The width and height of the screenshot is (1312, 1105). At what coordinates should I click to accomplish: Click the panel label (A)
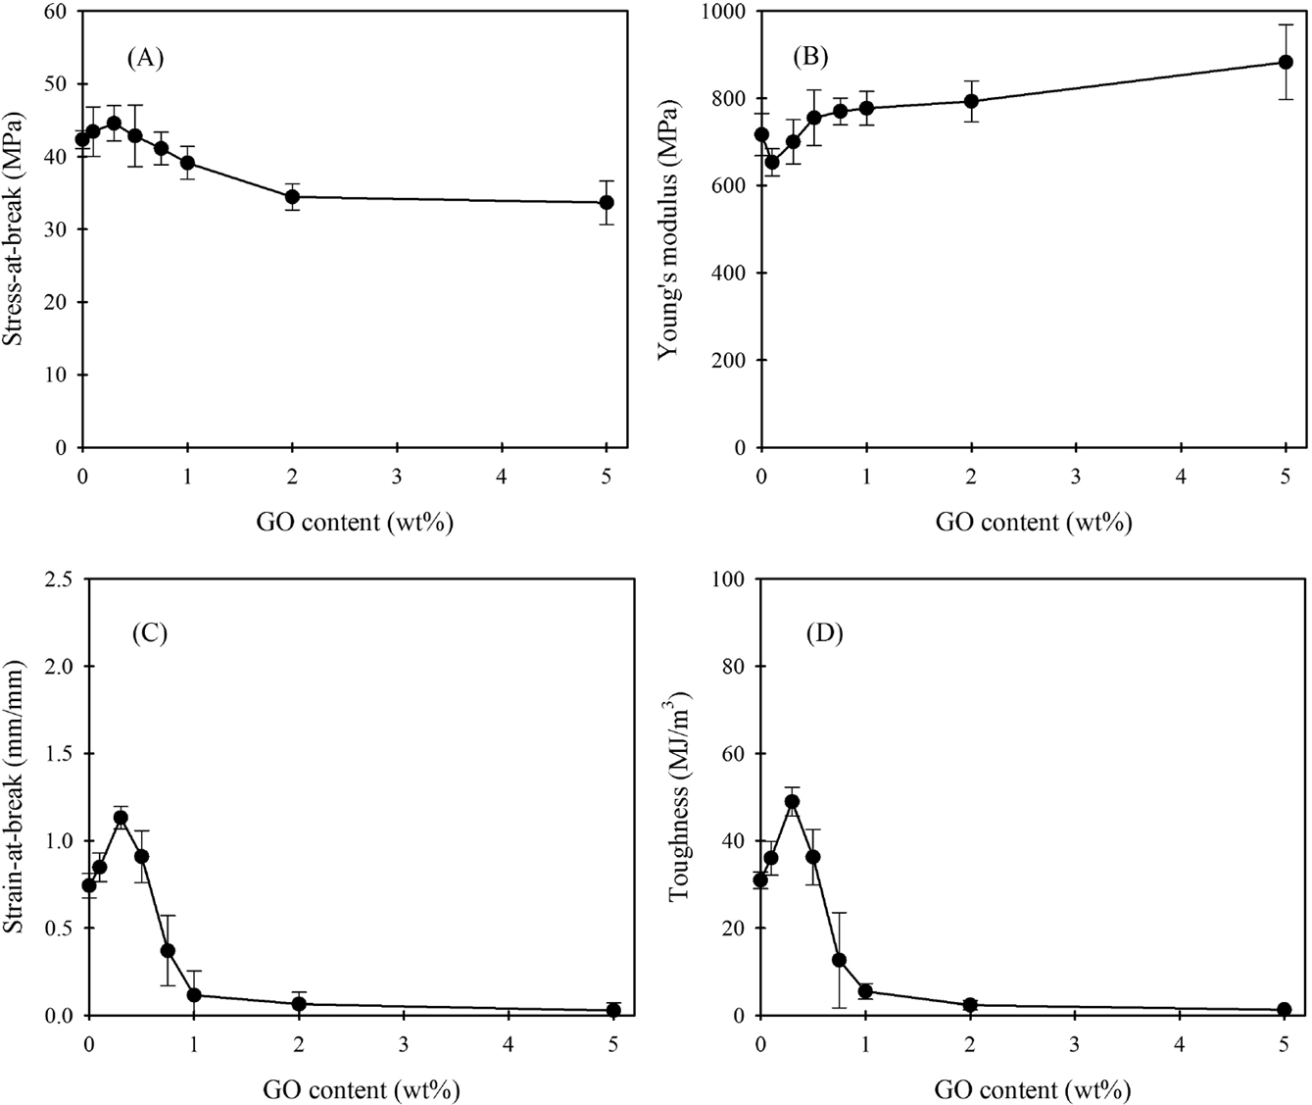pos(145,58)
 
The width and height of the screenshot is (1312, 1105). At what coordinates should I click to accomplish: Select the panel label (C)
pos(150,632)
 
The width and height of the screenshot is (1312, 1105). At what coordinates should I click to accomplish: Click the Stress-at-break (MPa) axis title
pos(16,228)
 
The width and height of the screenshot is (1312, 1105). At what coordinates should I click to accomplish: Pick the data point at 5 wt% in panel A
pos(607,202)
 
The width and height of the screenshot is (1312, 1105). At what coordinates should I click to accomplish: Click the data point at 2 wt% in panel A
pos(292,196)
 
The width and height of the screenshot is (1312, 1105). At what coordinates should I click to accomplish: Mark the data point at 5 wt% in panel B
pos(1286,62)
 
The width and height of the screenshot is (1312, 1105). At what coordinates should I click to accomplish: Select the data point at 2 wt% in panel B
pos(971,101)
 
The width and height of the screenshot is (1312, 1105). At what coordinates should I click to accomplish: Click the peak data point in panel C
pos(121,817)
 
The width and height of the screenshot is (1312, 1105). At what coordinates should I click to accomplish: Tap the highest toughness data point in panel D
pos(792,801)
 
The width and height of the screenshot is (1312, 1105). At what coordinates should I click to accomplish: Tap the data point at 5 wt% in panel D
pos(1285,1009)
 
